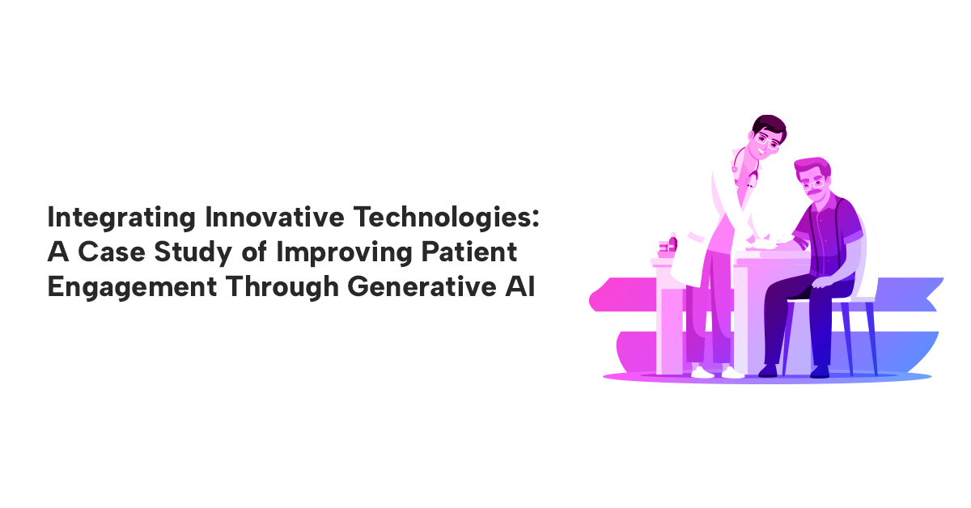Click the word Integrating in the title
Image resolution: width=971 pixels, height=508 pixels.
121,218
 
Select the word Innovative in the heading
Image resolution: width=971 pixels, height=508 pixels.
275,217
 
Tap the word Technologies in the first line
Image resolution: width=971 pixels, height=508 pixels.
441,218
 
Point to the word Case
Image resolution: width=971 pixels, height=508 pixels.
112,252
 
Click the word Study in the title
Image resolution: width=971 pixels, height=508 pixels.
193,253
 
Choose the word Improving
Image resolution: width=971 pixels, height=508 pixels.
344,253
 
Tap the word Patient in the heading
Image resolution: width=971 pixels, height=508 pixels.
469,252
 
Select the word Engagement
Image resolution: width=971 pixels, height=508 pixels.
132,288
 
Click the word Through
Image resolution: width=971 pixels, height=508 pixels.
282,288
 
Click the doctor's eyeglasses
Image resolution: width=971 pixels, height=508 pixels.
767,141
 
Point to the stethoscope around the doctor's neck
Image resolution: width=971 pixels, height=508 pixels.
744,169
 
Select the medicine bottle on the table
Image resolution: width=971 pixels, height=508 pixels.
672,243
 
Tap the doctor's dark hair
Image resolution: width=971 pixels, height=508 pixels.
770,126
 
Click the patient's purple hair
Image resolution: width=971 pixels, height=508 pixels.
812,167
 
